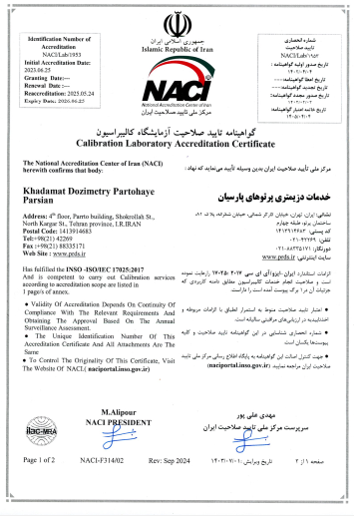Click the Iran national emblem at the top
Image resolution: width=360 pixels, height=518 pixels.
(x=179, y=23)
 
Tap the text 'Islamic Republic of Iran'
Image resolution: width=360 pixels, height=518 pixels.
(x=179, y=46)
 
